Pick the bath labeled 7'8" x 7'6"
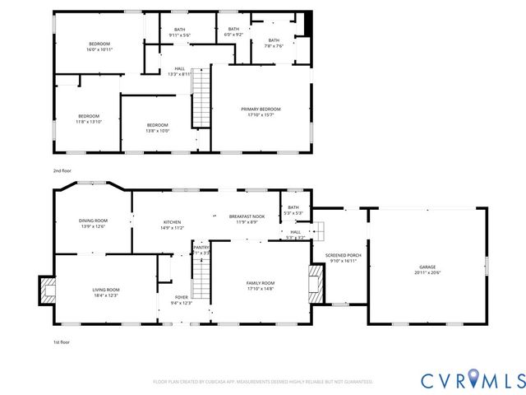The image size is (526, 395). [273, 43]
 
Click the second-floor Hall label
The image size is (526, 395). [179, 71]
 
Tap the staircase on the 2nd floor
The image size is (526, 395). [201, 99]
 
